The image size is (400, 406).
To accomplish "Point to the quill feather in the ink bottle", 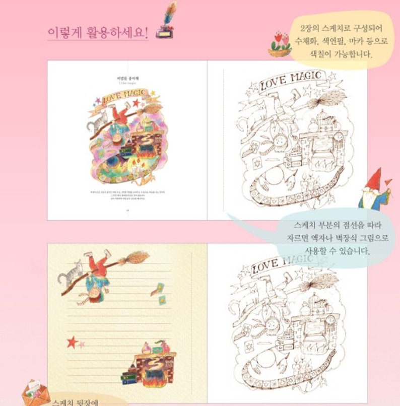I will coord(171,10).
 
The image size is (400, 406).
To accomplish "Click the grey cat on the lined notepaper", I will coord(70,274).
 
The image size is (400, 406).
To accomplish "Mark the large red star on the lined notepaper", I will coord(72,341).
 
